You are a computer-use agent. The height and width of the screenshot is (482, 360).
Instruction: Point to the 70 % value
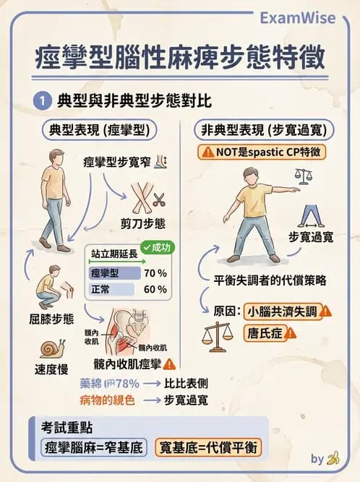click(155, 273)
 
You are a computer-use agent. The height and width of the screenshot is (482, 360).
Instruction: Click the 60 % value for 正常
click(155, 290)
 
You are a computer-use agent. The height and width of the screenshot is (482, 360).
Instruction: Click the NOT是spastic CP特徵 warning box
click(265, 152)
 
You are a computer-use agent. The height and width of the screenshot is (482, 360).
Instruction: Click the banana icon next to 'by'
click(333, 458)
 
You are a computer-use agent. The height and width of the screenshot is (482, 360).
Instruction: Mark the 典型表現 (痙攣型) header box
click(95, 130)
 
